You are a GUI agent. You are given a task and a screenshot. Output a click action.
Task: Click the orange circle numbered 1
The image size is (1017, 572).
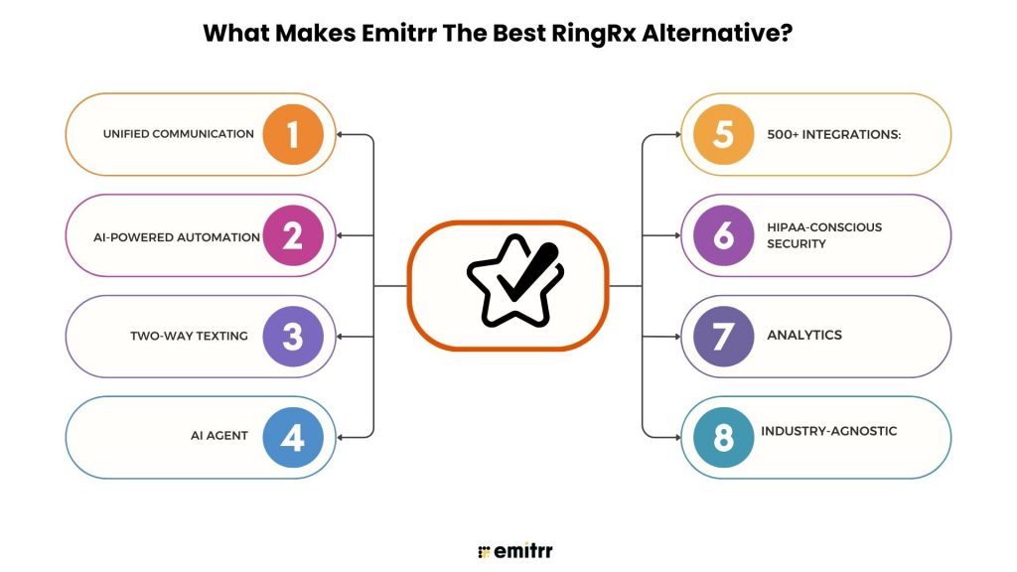click(293, 134)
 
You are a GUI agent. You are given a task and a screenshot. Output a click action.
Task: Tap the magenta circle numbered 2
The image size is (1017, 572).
click(293, 235)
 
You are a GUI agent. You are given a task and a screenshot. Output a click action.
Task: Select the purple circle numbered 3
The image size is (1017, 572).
click(293, 337)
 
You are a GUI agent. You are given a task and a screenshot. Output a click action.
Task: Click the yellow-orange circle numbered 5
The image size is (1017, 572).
click(723, 134)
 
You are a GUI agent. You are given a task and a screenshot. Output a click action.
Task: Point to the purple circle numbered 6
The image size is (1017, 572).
click(723, 235)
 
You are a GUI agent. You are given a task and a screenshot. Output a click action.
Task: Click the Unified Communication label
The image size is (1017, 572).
click(179, 134)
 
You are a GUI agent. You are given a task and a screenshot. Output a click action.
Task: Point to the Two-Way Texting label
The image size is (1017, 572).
click(189, 336)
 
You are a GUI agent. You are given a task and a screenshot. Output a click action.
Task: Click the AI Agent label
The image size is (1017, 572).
click(219, 436)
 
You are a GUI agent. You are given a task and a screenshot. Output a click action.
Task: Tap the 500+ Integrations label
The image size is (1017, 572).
click(833, 134)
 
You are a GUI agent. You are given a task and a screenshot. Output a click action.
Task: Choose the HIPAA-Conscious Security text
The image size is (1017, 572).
click(823, 235)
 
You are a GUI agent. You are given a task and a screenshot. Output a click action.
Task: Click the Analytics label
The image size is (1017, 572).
click(803, 336)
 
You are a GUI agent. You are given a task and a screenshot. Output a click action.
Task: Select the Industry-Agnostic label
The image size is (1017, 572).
click(828, 431)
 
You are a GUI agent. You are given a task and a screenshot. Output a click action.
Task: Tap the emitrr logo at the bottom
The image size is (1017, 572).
click(508, 550)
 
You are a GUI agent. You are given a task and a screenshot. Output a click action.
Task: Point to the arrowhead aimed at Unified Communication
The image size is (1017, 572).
click(341, 134)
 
